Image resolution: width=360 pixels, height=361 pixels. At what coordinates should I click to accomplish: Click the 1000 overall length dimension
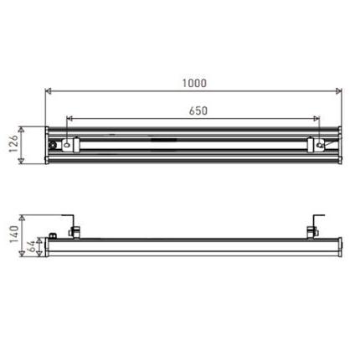pyautogui.click(x=194, y=83)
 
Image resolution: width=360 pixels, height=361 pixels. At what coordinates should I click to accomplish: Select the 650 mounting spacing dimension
pyautogui.click(x=198, y=111)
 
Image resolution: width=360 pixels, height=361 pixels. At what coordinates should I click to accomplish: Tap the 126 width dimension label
pyautogui.click(x=13, y=144)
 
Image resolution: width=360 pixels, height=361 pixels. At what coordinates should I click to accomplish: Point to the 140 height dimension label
pyautogui.click(x=14, y=234)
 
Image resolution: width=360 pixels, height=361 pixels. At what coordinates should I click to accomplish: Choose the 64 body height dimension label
pyautogui.click(x=32, y=246)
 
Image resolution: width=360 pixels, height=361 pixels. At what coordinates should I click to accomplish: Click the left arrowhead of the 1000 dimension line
pyautogui.click(x=49, y=91)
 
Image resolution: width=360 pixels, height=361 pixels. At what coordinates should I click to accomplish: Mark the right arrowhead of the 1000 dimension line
pyautogui.click(x=338, y=91)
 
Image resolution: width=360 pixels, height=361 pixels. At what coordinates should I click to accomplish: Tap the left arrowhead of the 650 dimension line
pyautogui.click(x=69, y=119)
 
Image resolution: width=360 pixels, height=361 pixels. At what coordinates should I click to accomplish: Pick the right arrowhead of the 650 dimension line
pyautogui.click(x=316, y=119)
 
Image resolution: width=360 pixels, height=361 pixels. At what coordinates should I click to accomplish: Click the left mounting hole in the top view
pyautogui.click(x=67, y=145)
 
